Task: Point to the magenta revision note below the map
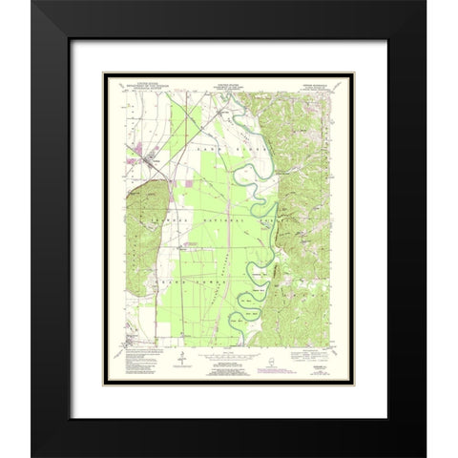pos(229,366)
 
